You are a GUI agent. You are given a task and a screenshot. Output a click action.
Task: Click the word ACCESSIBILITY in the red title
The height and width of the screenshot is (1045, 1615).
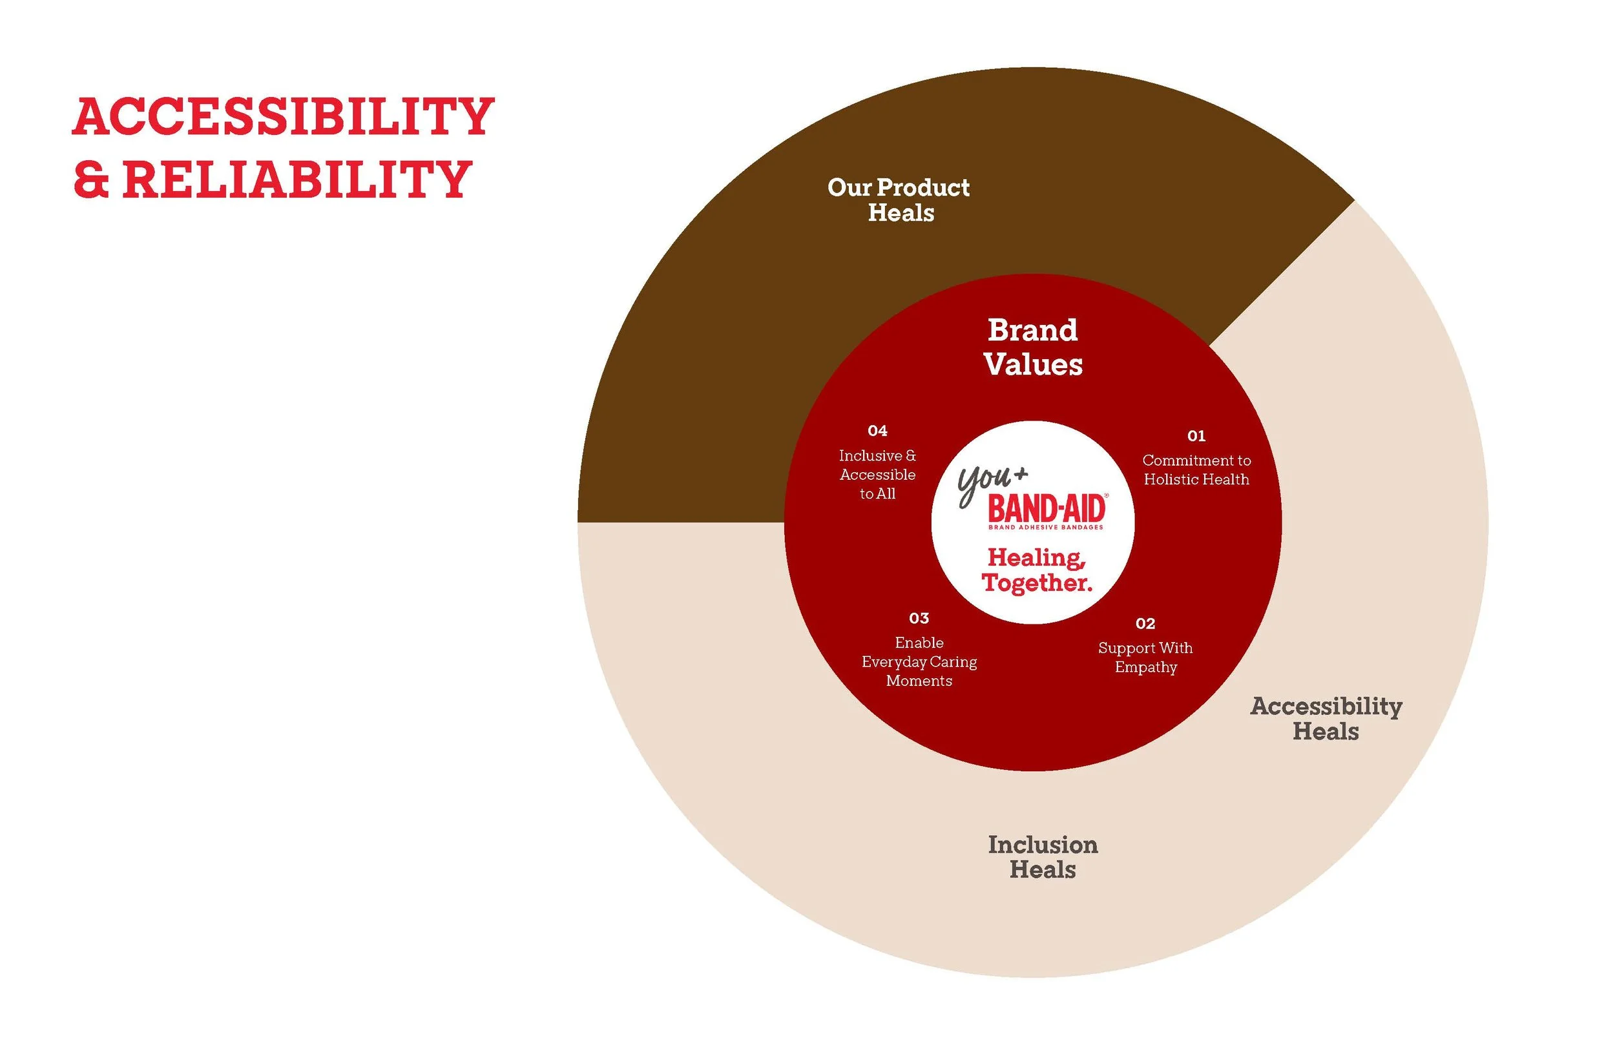click(x=283, y=117)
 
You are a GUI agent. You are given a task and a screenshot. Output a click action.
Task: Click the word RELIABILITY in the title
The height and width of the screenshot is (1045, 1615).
click(x=297, y=180)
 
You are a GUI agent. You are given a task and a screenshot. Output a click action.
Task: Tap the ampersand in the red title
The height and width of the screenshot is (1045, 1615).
click(x=91, y=180)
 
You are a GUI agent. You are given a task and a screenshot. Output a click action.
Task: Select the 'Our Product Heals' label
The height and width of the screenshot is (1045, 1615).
click(x=899, y=200)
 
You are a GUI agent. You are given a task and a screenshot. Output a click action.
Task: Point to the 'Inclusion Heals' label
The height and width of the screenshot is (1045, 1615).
click(x=1043, y=857)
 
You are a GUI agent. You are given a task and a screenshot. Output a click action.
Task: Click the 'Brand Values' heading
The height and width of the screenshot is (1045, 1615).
click(x=1033, y=347)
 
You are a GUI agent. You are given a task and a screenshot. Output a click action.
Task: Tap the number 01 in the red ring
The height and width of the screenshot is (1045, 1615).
click(x=1196, y=436)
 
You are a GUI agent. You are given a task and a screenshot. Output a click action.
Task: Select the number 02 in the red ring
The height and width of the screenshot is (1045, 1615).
click(x=1145, y=624)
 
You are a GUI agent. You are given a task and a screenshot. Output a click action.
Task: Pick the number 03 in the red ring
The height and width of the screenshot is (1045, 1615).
click(x=919, y=618)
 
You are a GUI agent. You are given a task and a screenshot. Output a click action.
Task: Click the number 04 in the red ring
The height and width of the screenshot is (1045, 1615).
click(x=877, y=431)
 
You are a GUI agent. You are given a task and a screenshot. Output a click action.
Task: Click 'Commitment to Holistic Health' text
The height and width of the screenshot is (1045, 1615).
click(x=1196, y=470)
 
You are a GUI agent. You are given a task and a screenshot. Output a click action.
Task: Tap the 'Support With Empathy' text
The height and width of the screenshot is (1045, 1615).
click(x=1145, y=657)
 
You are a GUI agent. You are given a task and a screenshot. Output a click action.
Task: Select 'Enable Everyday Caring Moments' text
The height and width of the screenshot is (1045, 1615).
click(x=919, y=661)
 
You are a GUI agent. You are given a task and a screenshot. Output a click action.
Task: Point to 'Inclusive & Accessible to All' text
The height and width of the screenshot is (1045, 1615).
click(x=877, y=474)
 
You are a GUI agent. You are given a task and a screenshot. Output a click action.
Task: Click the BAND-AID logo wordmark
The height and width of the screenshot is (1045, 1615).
click(x=1047, y=509)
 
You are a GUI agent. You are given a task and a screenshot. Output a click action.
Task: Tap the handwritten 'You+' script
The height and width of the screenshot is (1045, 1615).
click(x=991, y=483)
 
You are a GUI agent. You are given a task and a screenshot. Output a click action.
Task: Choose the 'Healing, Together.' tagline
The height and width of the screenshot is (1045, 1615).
click(x=1037, y=571)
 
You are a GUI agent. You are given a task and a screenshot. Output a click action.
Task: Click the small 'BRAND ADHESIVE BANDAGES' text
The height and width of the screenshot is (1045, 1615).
click(x=1046, y=527)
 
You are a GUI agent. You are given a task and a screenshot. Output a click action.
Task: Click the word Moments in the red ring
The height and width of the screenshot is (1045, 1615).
click(x=919, y=681)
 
